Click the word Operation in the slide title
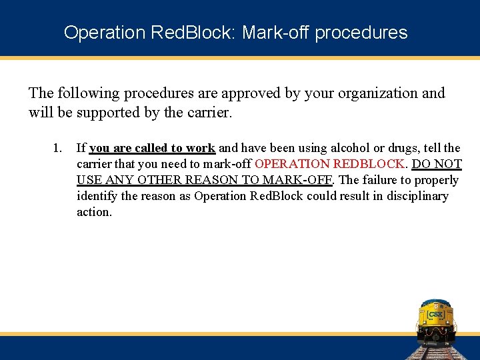click(x=95, y=32)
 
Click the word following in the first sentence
click(x=91, y=93)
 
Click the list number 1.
click(x=57, y=148)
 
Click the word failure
click(x=381, y=180)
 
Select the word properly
click(x=437, y=180)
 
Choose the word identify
click(x=98, y=196)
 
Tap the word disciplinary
click(x=415, y=196)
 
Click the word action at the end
click(x=94, y=212)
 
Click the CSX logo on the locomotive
click(x=435, y=314)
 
